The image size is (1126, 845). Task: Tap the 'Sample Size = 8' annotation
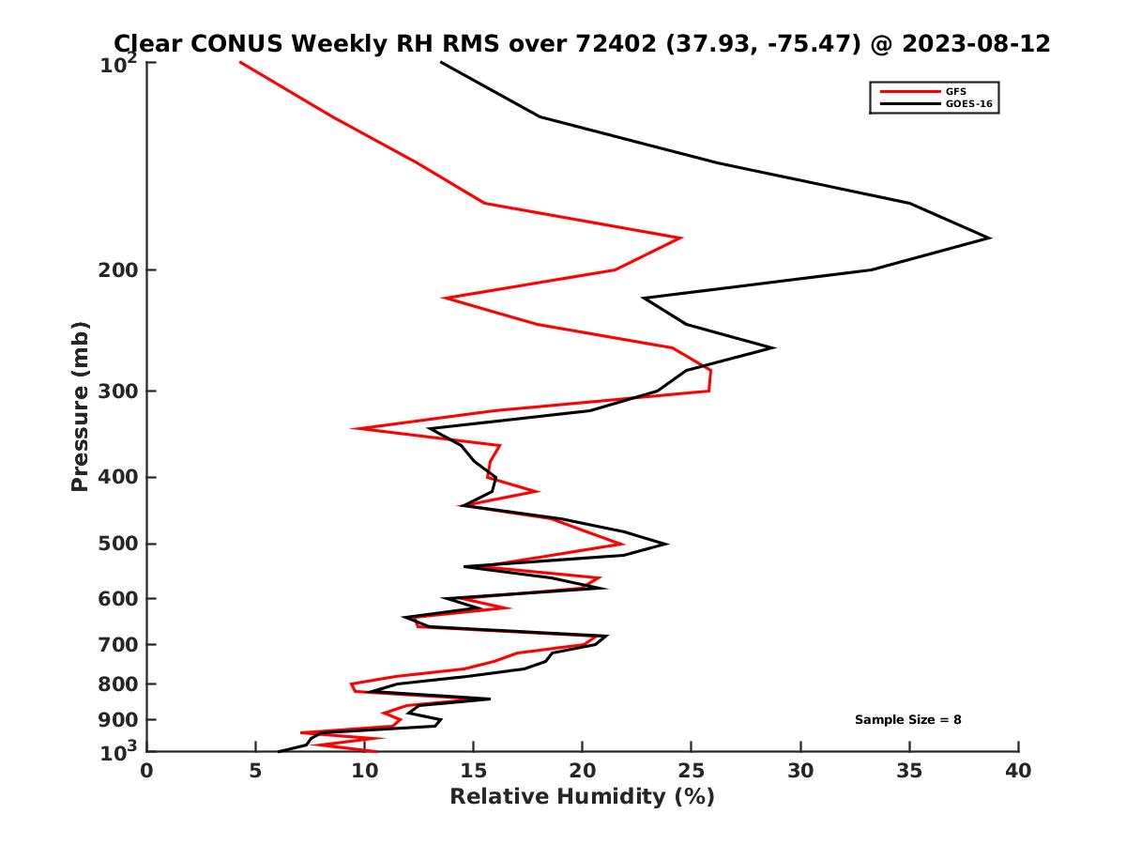(907, 719)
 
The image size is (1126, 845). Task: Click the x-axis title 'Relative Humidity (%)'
(582, 797)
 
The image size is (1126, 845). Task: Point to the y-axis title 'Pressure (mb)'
(80, 406)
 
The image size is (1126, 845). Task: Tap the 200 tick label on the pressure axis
(114, 270)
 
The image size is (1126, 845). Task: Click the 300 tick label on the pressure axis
(114, 391)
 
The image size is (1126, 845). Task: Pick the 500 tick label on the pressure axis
(114, 544)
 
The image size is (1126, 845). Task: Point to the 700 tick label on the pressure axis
(114, 644)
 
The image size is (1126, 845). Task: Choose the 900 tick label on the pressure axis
(114, 719)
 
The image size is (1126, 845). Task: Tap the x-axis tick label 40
(1018, 771)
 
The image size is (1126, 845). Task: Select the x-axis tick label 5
(255, 771)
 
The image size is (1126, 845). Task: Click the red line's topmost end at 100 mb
(240, 62)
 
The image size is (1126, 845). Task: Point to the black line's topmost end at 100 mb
(441, 62)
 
